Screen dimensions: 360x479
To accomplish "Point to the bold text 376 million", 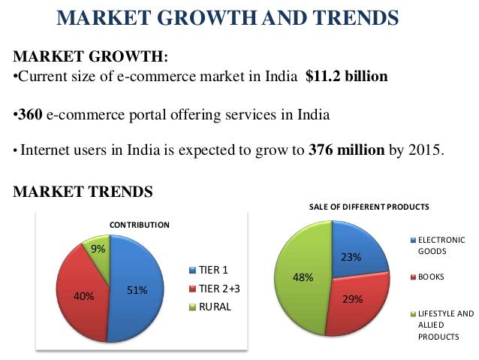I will click(x=346, y=148).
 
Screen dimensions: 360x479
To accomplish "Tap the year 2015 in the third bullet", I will click(x=426, y=148).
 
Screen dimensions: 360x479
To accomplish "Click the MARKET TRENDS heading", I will click(x=83, y=192).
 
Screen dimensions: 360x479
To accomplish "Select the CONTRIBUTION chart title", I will click(x=140, y=224).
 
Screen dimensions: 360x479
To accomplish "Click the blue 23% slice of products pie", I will click(x=357, y=252).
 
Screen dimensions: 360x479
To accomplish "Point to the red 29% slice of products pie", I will click(x=353, y=304).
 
